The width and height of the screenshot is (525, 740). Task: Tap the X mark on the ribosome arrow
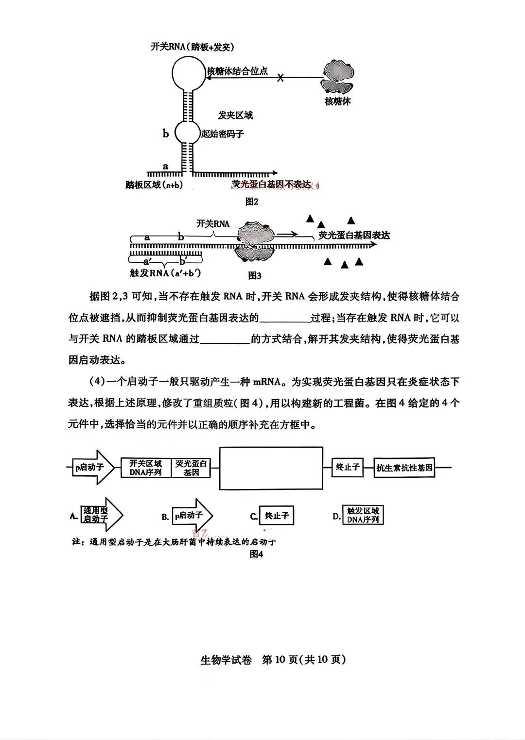[x=280, y=77]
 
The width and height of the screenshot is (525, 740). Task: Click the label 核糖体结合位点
[x=237, y=71]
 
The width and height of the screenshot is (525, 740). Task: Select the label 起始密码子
[x=223, y=134]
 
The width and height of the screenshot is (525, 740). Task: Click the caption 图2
[x=251, y=202]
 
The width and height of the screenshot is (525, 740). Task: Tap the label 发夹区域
[x=235, y=115]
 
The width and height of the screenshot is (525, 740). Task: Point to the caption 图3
[x=255, y=275]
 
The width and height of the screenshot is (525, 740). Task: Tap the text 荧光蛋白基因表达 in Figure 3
[x=354, y=235]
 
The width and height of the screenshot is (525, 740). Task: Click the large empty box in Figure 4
[x=271, y=468]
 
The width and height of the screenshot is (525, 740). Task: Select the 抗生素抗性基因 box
[x=404, y=468]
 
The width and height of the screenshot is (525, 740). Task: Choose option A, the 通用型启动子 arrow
[x=100, y=515]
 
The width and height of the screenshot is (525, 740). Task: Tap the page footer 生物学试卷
[x=227, y=660]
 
